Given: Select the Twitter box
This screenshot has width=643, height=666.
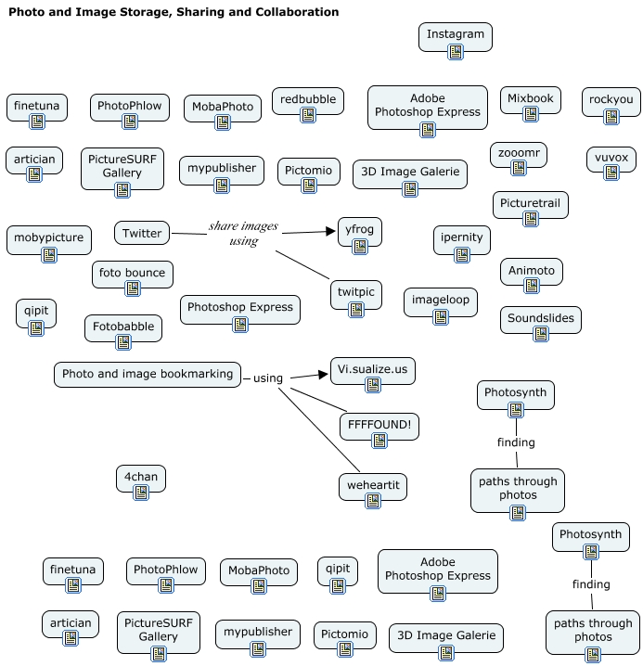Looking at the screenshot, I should pyautogui.click(x=142, y=234).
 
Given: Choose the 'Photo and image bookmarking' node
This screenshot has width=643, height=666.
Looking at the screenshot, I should pyautogui.click(x=148, y=374).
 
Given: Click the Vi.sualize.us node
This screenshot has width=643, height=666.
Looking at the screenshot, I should pyautogui.click(x=372, y=370).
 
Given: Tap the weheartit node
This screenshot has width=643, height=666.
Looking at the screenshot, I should pyautogui.click(x=372, y=486).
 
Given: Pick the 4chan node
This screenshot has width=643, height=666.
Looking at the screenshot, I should pyautogui.click(x=141, y=478).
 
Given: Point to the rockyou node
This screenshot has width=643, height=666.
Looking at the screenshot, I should pyautogui.click(x=611, y=100).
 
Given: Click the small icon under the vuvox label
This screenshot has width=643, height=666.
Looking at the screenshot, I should pyautogui.click(x=611, y=173).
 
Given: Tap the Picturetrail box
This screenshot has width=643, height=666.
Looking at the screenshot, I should pyautogui.click(x=530, y=203).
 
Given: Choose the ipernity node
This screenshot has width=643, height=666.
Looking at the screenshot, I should pyautogui.click(x=461, y=238).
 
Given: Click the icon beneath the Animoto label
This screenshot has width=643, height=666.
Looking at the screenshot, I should pyautogui.click(x=532, y=286).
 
